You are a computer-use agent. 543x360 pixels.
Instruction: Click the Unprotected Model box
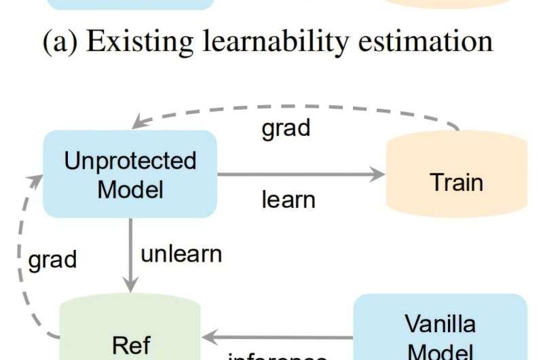pos(130,174)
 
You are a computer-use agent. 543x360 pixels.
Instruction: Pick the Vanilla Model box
pos(440,329)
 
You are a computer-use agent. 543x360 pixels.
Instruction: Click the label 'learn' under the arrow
pos(288,200)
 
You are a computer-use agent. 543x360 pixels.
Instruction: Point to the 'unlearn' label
pos(181,253)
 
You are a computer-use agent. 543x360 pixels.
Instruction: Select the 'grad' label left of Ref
pos(53,259)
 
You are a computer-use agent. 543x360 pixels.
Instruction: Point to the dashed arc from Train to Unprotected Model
pos(292,107)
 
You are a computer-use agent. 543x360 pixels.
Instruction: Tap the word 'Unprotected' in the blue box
pos(130,161)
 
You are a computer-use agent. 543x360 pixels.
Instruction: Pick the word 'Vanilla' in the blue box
pos(440,323)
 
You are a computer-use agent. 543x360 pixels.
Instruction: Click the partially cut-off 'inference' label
pos(278,355)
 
